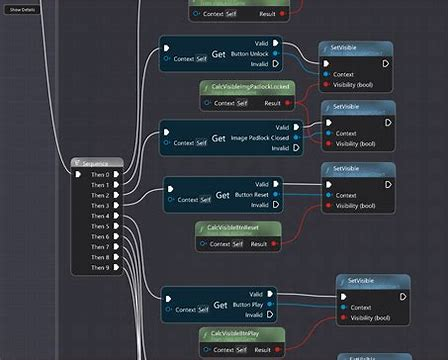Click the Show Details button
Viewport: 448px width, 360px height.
click(22, 9)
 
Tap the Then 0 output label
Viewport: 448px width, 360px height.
click(100, 174)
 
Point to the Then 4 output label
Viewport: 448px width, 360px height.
click(100, 216)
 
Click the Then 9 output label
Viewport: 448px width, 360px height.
click(100, 267)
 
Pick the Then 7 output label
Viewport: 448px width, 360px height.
click(100, 247)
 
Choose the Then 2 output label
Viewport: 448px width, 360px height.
click(100, 195)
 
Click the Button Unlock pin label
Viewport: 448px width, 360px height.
click(249, 53)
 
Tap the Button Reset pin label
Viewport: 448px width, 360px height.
click(250, 194)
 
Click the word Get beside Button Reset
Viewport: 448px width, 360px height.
click(222, 194)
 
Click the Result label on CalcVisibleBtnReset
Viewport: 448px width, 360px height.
click(259, 243)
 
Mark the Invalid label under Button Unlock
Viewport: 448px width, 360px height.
click(260, 64)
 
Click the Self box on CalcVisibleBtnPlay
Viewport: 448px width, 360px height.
click(238, 350)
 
